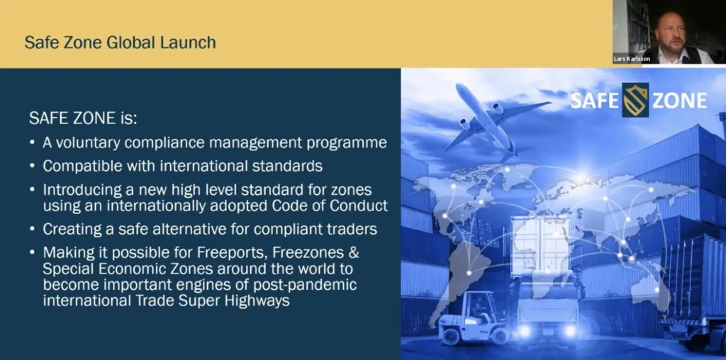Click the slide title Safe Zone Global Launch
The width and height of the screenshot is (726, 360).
pos(120,43)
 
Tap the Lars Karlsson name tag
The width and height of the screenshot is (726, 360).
pos(632,60)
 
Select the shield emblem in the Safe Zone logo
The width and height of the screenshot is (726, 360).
pos(635,100)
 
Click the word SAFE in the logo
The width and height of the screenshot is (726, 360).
pos(595,101)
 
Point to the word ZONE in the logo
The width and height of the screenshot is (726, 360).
pos(679,101)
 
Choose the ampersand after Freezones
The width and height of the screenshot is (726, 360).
pos(354,253)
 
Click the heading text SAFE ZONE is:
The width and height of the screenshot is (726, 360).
pos(83,118)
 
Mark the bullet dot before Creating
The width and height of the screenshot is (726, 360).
pos(32,229)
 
